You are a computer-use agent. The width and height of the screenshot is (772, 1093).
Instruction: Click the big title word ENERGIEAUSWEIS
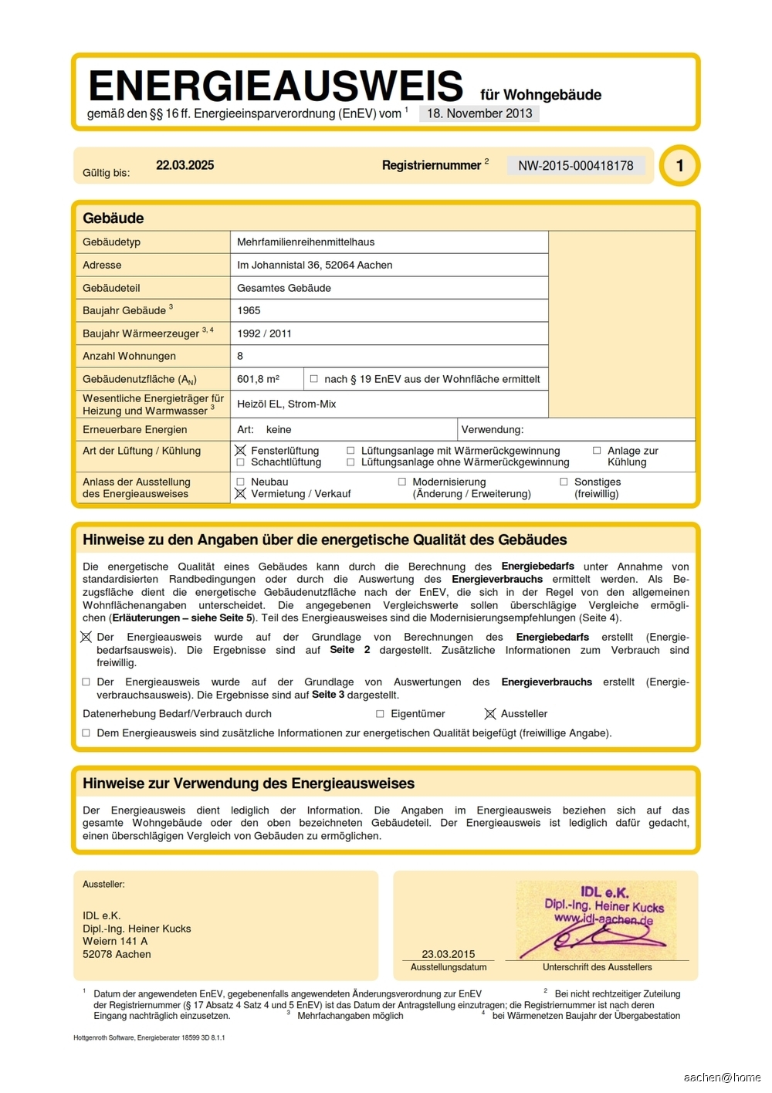tap(276, 86)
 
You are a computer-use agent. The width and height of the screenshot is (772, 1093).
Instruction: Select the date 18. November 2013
tap(479, 113)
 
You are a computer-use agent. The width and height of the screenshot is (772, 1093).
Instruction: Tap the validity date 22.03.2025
tap(185, 165)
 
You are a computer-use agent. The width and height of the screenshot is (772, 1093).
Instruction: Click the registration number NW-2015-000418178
tap(575, 166)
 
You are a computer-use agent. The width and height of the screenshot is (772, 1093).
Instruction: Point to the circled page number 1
tap(679, 165)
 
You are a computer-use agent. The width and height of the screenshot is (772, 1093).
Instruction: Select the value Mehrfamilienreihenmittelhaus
tap(306, 242)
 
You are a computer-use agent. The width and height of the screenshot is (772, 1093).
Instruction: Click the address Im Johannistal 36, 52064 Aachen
tap(315, 265)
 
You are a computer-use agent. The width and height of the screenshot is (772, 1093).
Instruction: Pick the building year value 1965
tap(249, 310)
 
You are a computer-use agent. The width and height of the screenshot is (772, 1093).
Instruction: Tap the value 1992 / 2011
tap(265, 333)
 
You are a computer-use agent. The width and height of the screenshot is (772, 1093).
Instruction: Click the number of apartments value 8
tap(240, 356)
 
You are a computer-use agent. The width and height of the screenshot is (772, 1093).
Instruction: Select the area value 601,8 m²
tap(258, 379)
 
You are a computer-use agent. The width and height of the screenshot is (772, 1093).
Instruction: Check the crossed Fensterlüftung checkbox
tap(241, 451)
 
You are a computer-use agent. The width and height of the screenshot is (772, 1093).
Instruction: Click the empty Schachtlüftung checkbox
tap(241, 462)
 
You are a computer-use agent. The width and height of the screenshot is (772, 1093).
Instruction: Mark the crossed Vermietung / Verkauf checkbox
tap(241, 494)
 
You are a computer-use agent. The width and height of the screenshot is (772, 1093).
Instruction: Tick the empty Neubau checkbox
tap(241, 482)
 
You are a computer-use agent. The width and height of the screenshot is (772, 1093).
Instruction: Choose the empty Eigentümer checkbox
tap(380, 714)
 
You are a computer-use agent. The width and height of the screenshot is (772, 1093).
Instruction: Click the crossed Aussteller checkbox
tap(489, 714)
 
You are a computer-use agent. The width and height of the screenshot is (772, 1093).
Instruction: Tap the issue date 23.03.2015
tap(449, 954)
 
